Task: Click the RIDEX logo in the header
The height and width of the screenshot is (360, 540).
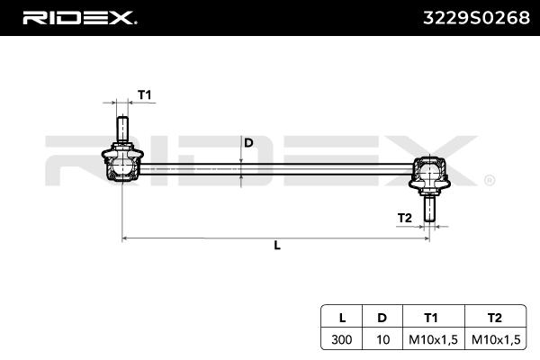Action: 79,17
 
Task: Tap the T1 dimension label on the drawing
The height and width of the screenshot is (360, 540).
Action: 144,94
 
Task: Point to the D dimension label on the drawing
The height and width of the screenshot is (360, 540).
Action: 249,143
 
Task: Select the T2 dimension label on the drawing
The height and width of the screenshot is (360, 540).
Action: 405,217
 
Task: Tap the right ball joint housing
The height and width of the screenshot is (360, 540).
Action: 430,173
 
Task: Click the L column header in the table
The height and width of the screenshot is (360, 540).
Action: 342,317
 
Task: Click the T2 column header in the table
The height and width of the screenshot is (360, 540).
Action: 492,317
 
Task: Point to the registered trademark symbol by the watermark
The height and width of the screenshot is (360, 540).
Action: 489,180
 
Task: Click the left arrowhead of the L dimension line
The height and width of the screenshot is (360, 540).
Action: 125,238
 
